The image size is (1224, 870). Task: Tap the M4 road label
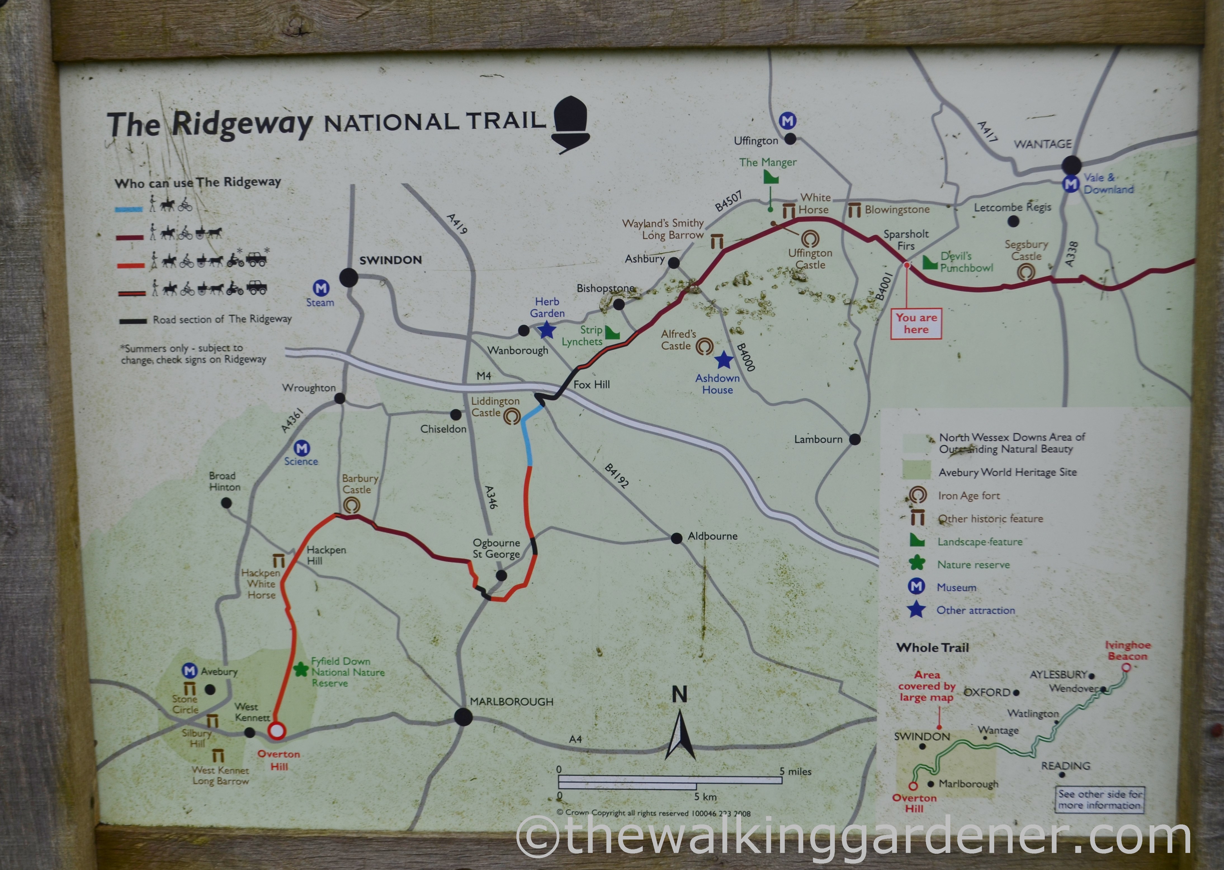pos(483,376)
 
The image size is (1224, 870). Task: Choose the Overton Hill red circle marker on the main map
pos(276,731)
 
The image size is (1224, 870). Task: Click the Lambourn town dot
pos(855,439)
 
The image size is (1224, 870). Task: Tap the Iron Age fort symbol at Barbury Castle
pos(351,505)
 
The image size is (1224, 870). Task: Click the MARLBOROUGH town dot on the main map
pos(463,717)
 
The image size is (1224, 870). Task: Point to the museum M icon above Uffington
pos(787,121)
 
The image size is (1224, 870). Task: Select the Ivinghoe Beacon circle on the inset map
pos(1126,667)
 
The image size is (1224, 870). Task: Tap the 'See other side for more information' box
pos(1100,799)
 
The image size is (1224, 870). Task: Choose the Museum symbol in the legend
pos(917,587)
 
